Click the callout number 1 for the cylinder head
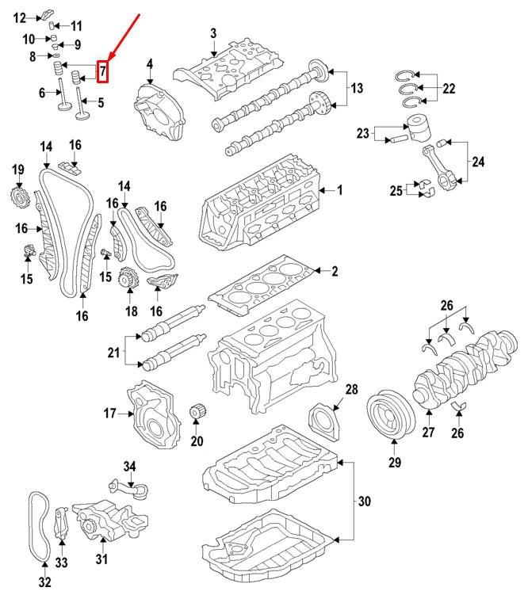point(340,190)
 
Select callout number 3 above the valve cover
point(213,33)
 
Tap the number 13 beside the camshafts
point(356,88)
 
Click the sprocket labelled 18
point(124,280)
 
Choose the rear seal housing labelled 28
point(324,419)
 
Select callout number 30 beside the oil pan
point(364,502)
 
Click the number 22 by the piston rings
point(449,89)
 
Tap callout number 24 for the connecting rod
point(478,162)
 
